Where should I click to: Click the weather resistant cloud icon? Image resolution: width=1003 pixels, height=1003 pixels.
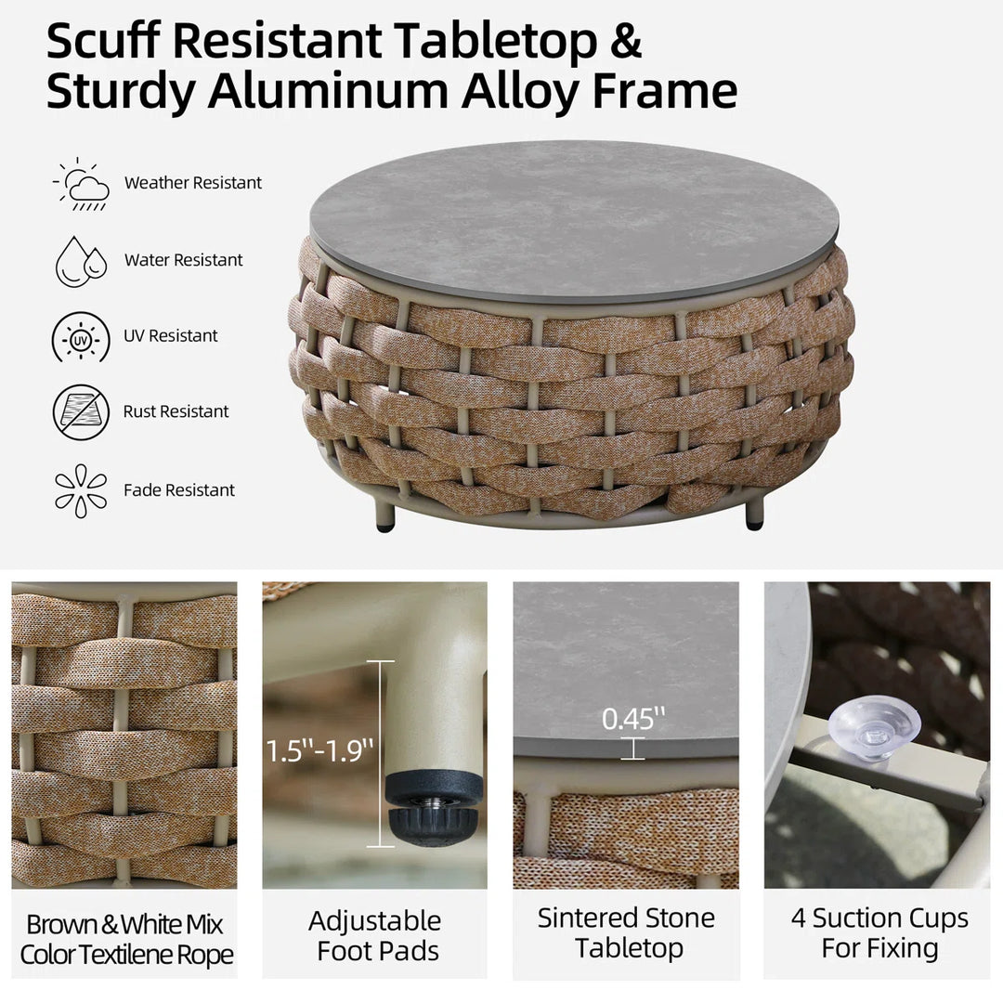82,184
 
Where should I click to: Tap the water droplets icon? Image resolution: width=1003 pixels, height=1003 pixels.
81,262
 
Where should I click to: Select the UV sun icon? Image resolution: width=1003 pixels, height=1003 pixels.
81,336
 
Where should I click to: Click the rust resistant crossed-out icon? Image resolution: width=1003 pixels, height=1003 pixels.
81,412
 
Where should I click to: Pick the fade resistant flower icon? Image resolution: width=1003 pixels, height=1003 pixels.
81,490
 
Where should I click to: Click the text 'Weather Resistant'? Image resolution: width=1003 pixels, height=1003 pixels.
192,183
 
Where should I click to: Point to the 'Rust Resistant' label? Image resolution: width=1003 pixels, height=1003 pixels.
176,411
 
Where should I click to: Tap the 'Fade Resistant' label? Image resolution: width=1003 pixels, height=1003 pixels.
179,490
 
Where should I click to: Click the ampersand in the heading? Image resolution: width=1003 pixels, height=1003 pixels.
625,41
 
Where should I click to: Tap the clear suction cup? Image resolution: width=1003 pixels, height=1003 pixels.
874,729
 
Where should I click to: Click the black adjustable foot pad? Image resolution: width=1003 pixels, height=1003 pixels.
433,807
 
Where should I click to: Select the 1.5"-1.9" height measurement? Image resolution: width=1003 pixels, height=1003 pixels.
319,749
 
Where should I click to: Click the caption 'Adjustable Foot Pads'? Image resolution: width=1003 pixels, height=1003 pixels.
375,936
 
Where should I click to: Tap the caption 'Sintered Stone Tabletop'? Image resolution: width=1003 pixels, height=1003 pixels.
626,932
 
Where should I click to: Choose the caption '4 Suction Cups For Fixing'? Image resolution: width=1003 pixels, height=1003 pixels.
879,932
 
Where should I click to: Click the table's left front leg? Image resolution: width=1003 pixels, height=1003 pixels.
385,515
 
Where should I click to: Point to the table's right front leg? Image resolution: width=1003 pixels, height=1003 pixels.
755,514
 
